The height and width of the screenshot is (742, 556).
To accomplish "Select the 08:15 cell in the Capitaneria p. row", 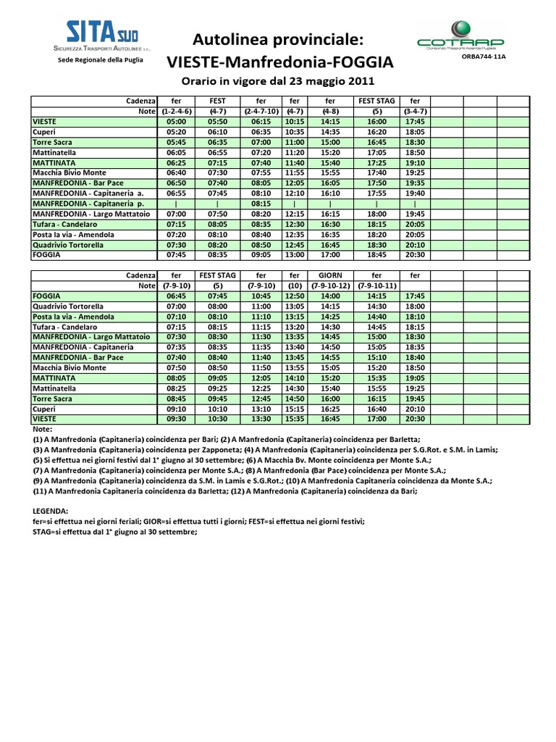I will [x=260, y=204].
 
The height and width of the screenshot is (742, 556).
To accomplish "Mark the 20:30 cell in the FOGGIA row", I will [x=415, y=255].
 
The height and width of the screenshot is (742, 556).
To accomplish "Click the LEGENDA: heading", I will [x=52, y=510].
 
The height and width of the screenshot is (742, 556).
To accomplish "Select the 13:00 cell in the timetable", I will [x=294, y=255].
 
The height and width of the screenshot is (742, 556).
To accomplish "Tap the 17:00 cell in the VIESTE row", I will [x=376, y=419].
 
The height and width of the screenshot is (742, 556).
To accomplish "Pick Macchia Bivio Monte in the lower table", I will [x=69, y=367].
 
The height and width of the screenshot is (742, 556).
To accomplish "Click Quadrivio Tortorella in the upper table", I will [x=68, y=245].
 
